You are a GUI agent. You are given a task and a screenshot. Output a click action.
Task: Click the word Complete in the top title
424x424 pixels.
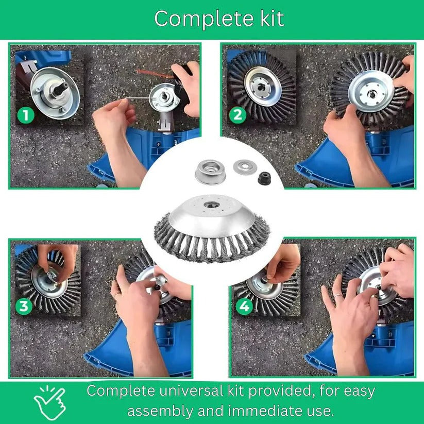(x=196, y=19)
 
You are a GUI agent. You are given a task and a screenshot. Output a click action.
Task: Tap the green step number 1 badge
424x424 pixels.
(x=26, y=115)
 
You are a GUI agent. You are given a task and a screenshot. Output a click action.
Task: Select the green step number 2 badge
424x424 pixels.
(x=237, y=114)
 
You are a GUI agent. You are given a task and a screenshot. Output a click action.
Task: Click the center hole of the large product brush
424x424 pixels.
(x=210, y=205)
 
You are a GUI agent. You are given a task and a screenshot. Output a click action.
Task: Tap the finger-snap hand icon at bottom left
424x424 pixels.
(x=50, y=400)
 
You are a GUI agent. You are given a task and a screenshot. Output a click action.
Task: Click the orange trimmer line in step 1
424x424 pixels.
(x=154, y=73)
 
